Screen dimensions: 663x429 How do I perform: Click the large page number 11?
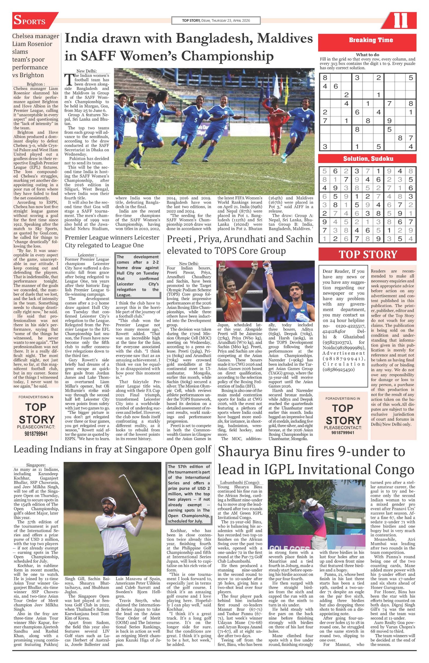400,21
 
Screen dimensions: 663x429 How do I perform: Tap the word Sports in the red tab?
29,21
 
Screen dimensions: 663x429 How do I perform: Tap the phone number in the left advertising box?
36,434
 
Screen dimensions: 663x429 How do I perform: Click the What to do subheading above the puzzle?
367,55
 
